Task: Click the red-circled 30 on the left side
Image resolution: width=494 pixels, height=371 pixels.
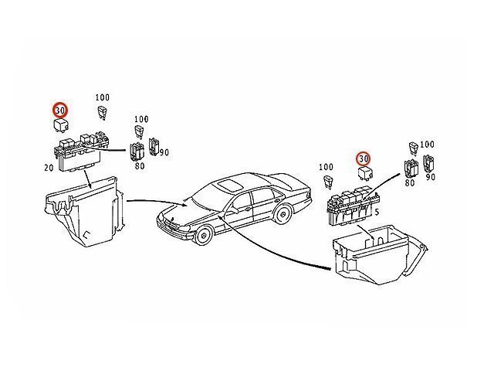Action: click(60, 110)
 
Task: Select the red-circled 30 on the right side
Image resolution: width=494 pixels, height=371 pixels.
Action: click(364, 158)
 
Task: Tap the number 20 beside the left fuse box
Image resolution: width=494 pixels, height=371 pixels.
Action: click(49, 168)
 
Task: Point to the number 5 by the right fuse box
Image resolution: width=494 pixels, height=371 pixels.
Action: click(377, 213)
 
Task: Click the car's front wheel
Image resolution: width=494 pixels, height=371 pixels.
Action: click(203, 235)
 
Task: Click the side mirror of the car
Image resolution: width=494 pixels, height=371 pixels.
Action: click(235, 210)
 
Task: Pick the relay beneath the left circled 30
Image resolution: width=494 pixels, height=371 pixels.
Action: click(61, 125)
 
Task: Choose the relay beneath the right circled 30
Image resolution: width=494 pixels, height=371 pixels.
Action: click(366, 173)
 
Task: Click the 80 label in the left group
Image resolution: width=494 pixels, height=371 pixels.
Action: click(140, 165)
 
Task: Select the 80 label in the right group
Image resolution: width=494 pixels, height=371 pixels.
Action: click(410, 182)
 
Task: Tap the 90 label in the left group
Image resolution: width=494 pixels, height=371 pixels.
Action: click(164, 153)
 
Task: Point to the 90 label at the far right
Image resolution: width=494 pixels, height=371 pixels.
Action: click(431, 177)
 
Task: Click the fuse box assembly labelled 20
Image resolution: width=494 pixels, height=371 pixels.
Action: click(80, 151)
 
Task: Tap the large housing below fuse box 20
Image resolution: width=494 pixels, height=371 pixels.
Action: click(84, 212)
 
